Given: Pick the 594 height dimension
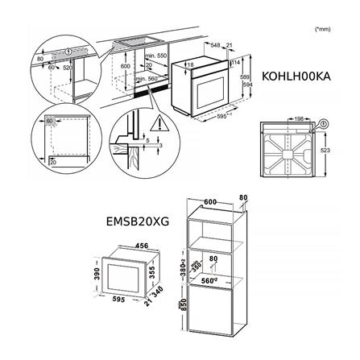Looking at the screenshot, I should click(x=250, y=83).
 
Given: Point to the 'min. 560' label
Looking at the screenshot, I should click(x=157, y=79).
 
